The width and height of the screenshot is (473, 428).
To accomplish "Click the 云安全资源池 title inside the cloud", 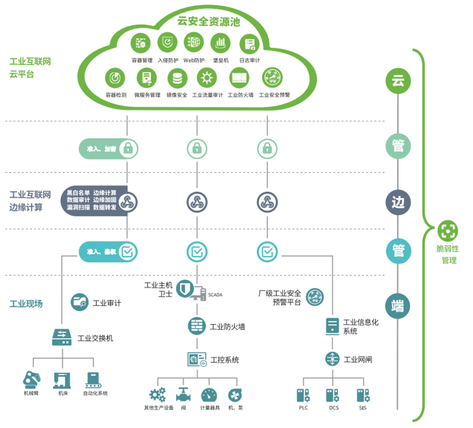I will (x=209, y=21).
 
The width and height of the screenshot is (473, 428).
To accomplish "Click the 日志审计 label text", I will (x=249, y=60).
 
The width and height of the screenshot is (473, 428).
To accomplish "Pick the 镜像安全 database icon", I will (x=177, y=79).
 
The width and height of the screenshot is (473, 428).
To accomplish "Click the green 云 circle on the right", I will (x=398, y=81).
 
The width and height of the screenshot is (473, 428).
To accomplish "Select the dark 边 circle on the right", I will (x=398, y=202).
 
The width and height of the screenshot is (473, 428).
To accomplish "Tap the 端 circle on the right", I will (x=398, y=306).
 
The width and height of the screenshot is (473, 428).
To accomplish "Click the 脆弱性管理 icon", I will (x=448, y=231).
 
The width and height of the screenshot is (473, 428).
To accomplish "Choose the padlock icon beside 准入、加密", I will (x=128, y=149).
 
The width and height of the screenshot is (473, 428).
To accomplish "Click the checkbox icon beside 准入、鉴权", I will (x=127, y=252).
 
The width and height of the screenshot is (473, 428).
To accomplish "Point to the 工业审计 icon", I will (x=80, y=302).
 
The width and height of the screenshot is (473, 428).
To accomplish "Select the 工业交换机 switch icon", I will (x=62, y=337).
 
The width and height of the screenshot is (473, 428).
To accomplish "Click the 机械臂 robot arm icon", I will (x=32, y=380).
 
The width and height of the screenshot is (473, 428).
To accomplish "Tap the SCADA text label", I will (x=215, y=295).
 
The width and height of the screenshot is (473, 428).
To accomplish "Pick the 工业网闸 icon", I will (x=332, y=359).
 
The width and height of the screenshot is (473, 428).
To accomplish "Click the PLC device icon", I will (x=303, y=395).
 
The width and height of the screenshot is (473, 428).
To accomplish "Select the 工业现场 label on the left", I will (x=26, y=304).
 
